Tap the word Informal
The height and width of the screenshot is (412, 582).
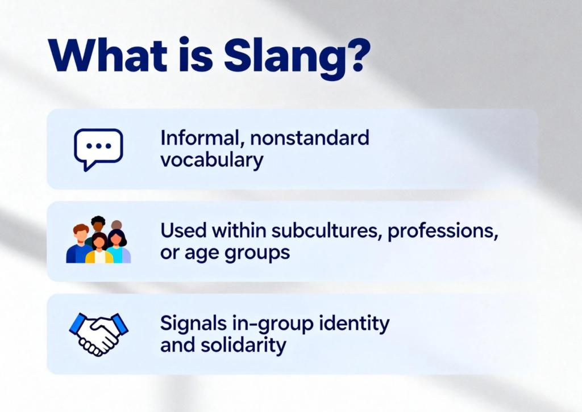pyautogui.click(x=193, y=138)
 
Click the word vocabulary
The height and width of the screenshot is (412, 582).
pyautogui.click(x=211, y=160)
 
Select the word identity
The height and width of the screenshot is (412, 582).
pyautogui.click(x=354, y=323)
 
